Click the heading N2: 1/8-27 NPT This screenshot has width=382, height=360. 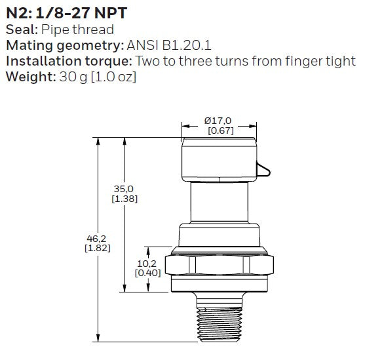click(67, 13)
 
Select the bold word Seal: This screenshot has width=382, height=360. click(22, 30)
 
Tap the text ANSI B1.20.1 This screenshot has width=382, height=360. click(169, 45)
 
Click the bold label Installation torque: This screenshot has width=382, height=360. click(69, 61)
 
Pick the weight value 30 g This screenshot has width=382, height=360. click(73, 77)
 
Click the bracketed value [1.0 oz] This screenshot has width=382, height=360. click(113, 77)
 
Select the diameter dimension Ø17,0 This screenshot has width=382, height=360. click(218, 121)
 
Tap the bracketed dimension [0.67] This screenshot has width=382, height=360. click(221, 130)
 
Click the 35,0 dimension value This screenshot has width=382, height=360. click(124, 189)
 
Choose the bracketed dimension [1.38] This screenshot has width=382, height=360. click(124, 199)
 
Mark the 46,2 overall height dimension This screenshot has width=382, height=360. click(96, 239)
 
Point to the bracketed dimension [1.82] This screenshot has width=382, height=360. click(98, 248)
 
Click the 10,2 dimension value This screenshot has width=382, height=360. click(147, 264)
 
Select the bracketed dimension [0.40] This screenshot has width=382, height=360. click(148, 273)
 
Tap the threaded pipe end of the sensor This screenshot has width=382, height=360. click(220, 324)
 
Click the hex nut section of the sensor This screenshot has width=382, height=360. click(220, 265)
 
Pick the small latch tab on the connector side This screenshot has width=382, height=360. click(263, 169)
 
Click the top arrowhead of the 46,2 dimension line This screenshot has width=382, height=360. click(98, 142)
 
